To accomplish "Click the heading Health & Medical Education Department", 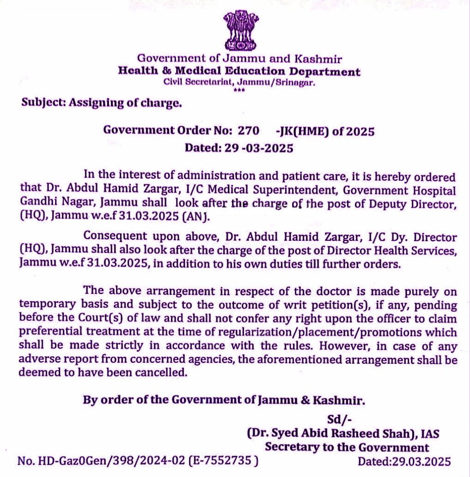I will pyautogui.click(x=239, y=72).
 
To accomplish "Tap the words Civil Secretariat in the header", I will pyautogui.click(x=198, y=82).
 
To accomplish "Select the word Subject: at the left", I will pyautogui.click(x=43, y=103).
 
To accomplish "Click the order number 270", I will pyautogui.click(x=248, y=131).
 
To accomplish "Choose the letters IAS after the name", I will pyautogui.click(x=430, y=433).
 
